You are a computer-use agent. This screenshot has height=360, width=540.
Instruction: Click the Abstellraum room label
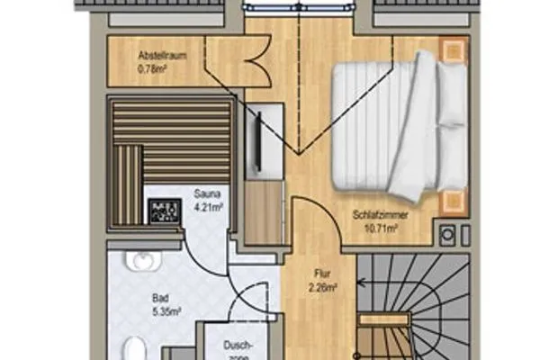click(x=162, y=56)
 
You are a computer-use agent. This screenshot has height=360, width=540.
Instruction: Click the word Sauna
click(x=207, y=193)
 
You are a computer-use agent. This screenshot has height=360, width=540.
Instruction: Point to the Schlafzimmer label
click(x=380, y=215)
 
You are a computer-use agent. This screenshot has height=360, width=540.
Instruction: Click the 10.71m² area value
click(x=382, y=229)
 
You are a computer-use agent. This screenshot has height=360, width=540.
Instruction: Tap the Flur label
click(x=322, y=274)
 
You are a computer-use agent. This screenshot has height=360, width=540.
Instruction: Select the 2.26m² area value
click(x=322, y=288)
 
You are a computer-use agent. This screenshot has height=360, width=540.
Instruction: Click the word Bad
click(x=160, y=298)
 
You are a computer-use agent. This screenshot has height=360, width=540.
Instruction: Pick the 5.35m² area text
click(x=166, y=311)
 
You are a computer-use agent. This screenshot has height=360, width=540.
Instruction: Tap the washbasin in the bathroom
click(x=144, y=261)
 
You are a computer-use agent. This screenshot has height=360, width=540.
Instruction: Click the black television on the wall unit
click(x=258, y=141)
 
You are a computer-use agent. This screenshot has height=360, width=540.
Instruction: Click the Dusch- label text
click(x=238, y=346)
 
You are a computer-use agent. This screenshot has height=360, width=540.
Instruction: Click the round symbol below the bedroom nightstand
click(x=447, y=235)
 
